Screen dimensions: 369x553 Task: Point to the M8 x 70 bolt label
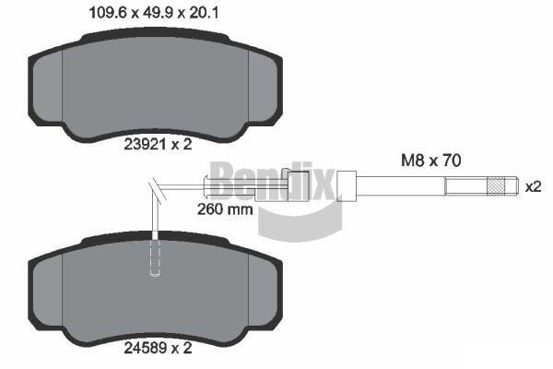(x=429, y=160)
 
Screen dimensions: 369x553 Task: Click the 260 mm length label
(x=224, y=208)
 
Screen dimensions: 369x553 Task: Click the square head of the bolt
(x=347, y=185)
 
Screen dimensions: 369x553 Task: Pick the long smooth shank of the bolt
(x=400, y=186)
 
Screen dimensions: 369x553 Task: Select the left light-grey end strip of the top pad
(x=48, y=88)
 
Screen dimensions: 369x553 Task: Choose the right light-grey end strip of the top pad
(x=264, y=88)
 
